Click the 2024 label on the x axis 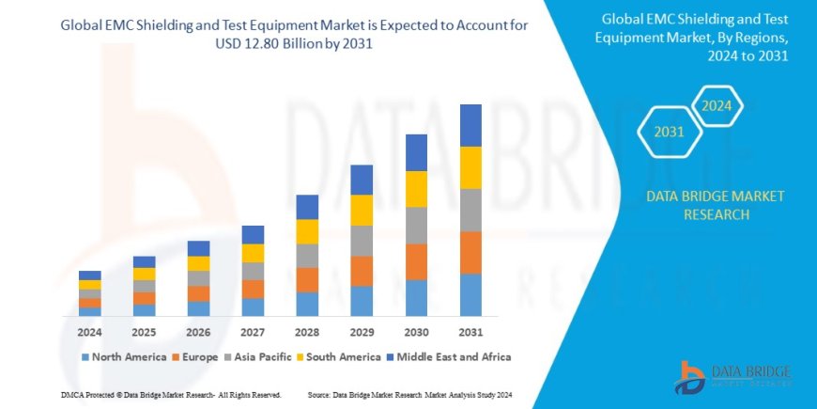click(89, 332)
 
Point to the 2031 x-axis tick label click(470, 332)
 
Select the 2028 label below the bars click(307, 332)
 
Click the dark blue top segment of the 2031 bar click(470, 125)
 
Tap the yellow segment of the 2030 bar click(416, 189)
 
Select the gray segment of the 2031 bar click(470, 210)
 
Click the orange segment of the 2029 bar click(362, 271)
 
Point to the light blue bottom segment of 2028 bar click(307, 304)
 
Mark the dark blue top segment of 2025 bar click(144, 261)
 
